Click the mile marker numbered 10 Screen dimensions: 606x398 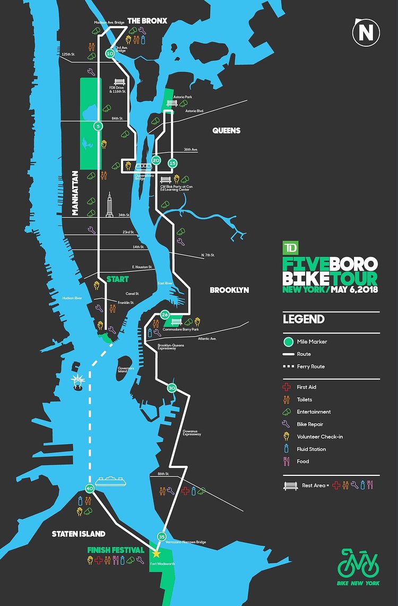(110, 54)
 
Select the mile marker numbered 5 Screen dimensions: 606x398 (98, 126)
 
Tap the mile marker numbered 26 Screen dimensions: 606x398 (165, 315)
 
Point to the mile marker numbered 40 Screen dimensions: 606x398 (89, 489)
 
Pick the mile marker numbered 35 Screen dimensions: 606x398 (162, 536)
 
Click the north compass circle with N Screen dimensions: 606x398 (366, 33)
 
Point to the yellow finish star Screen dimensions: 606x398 (156, 553)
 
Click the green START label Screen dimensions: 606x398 (117, 279)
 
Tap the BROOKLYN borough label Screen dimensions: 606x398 (229, 290)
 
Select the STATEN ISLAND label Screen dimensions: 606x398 (79, 534)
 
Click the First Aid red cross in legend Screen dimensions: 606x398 (289, 387)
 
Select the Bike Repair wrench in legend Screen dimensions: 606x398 (289, 424)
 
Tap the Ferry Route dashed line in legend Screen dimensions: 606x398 (289, 366)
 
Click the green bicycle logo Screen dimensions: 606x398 (358, 564)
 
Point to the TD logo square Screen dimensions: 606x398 (290, 248)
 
